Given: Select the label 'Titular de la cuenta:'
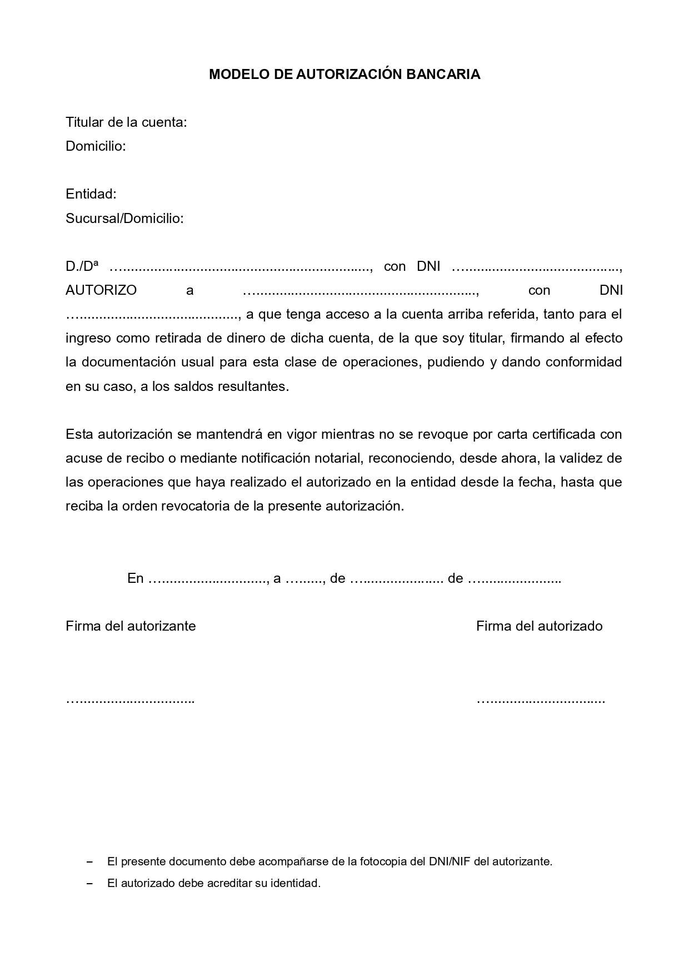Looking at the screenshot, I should (126, 122).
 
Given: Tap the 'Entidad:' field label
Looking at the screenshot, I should (91, 194).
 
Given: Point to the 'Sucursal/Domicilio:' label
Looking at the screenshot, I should (124, 219).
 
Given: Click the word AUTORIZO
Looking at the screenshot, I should (101, 290).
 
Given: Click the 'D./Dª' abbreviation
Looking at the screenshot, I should (82, 266).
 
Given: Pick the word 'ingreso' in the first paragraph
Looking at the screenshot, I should (89, 338).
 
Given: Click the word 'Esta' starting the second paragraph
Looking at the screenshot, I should (79, 434).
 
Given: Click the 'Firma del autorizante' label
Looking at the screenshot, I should (131, 626).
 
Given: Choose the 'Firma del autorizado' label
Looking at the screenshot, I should (539, 626).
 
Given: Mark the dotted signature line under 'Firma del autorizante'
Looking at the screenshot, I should (130, 700).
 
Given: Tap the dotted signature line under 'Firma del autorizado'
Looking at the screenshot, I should (541, 700).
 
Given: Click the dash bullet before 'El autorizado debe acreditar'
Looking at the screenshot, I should (89, 883).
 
